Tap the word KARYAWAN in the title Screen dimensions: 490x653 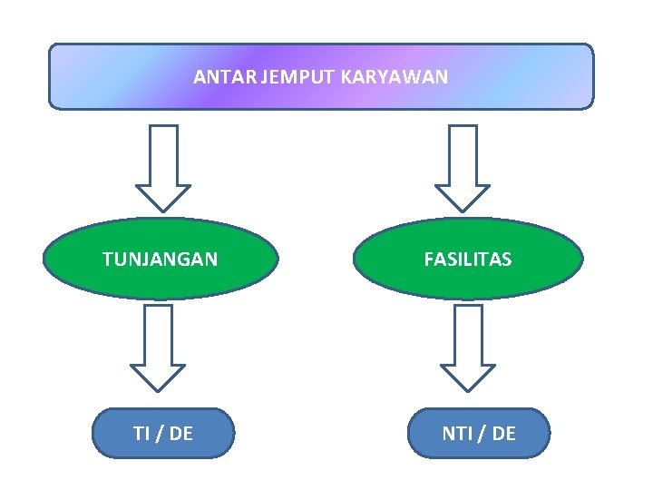[x=395, y=77]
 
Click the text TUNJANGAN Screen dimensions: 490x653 [x=161, y=260]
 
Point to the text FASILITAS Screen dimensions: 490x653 [x=468, y=260]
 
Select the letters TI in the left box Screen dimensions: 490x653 [x=142, y=434]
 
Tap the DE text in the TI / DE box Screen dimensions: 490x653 [x=180, y=434]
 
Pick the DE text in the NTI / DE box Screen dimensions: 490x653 [x=503, y=434]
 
